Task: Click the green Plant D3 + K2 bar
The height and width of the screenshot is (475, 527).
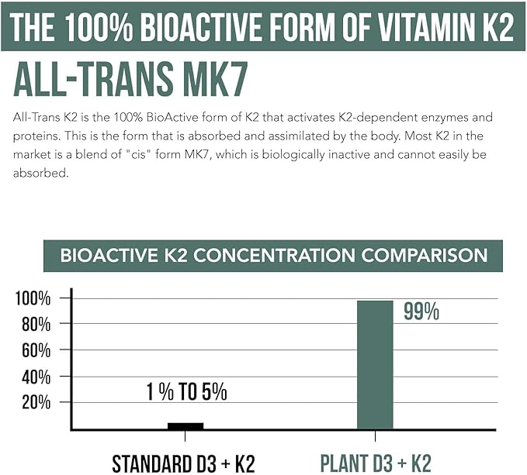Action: coord(375,364)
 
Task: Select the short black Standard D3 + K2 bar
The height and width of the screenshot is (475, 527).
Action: coord(185,425)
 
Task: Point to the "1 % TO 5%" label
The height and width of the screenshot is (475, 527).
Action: coord(187,392)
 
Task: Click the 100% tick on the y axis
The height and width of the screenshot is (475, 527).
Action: coord(33,298)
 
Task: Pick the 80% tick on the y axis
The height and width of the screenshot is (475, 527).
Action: coord(36,324)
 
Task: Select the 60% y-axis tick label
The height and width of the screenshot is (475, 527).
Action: coord(36,350)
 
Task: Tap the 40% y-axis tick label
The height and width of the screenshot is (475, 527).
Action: coord(36,377)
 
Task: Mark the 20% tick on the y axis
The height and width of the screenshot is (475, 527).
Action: coord(36,402)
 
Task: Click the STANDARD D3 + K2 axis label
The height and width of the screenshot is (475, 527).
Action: coord(183,463)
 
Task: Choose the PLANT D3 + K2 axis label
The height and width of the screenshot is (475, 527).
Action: coord(376,463)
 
